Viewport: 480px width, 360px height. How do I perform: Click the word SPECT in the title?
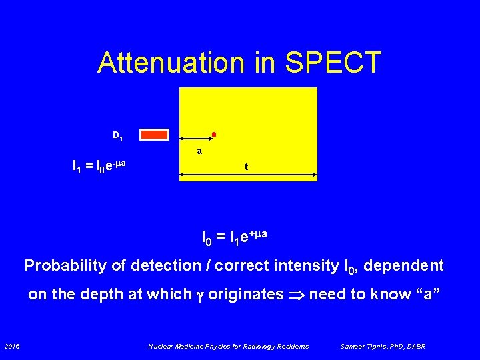click(333, 63)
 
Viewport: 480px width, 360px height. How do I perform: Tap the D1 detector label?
click(117, 136)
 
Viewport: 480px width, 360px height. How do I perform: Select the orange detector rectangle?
click(155, 135)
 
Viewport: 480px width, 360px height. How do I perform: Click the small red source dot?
click(213, 135)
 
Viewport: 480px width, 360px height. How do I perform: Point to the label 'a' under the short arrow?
click(199, 151)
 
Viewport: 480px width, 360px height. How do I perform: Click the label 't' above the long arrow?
click(246, 167)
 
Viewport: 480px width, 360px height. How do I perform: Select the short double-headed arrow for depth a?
click(195, 140)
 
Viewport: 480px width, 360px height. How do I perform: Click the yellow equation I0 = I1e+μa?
click(235, 235)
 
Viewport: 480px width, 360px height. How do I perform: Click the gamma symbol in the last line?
click(199, 296)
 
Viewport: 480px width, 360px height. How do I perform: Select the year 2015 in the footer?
click(11, 346)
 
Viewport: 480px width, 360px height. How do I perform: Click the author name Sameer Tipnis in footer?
click(366, 346)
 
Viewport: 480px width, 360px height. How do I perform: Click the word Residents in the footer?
click(293, 346)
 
